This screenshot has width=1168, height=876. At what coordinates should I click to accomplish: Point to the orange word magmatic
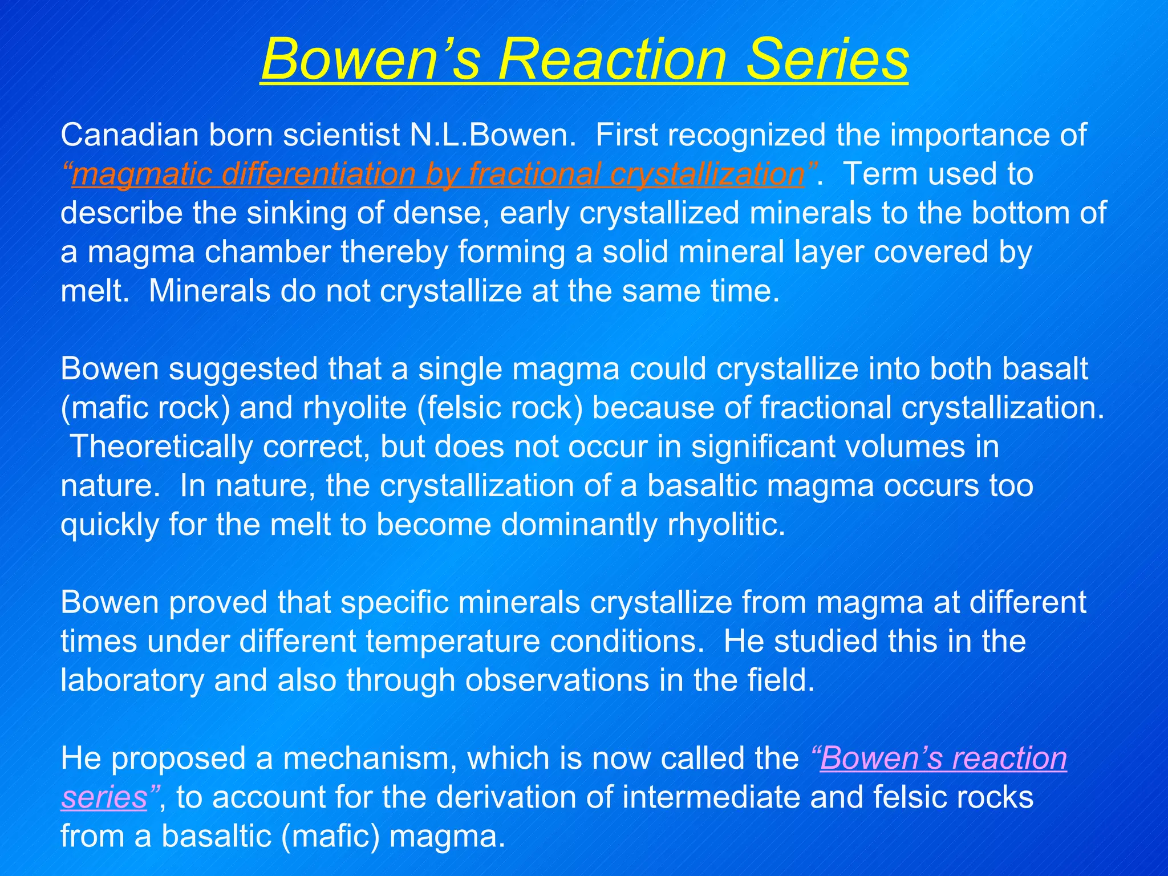pyautogui.click(x=142, y=174)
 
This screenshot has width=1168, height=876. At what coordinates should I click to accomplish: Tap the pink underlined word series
pyautogui.click(x=104, y=798)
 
